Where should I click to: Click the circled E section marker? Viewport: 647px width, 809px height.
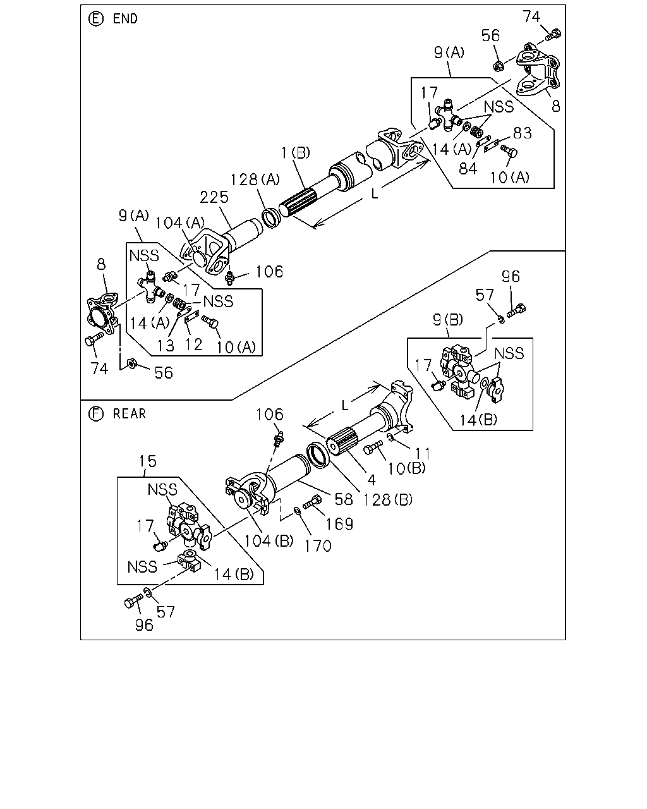click(x=95, y=18)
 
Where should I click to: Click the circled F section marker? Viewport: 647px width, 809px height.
click(x=95, y=413)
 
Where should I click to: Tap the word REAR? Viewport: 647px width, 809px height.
click(x=130, y=413)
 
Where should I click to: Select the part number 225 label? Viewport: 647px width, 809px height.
click(x=214, y=197)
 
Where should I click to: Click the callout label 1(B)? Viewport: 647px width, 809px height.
click(x=296, y=152)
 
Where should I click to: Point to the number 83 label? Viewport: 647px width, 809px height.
click(x=522, y=133)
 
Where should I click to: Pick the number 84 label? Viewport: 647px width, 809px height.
click(x=468, y=168)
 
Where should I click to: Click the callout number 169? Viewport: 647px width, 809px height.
click(x=339, y=524)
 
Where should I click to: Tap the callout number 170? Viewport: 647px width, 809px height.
click(x=318, y=546)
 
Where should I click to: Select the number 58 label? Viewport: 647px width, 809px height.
click(x=344, y=499)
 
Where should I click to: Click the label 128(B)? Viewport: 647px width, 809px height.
click(x=387, y=499)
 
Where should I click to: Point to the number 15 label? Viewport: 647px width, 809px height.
click(x=148, y=461)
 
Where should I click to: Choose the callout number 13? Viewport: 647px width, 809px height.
click(x=166, y=346)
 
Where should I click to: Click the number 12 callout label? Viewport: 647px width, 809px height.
click(x=194, y=344)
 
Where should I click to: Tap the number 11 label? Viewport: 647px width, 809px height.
click(x=423, y=453)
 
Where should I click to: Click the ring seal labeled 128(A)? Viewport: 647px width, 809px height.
click(x=270, y=219)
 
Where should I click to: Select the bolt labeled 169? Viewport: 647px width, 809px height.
click(x=311, y=502)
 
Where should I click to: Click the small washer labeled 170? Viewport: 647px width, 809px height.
click(x=296, y=511)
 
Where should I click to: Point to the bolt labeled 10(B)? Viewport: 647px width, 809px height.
click(x=373, y=447)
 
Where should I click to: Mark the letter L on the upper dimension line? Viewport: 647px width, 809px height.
click(x=374, y=193)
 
